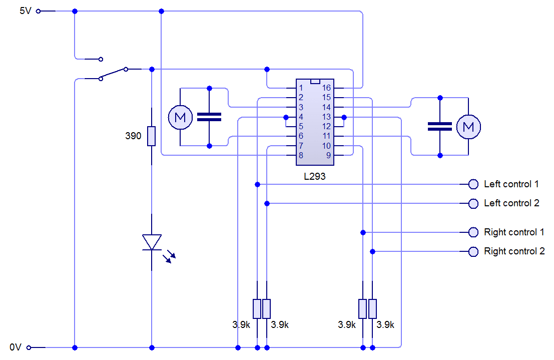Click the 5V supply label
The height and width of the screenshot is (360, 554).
click(x=26, y=11)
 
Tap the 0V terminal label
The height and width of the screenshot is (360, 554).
click(x=16, y=347)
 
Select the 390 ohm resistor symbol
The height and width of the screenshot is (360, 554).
click(x=152, y=136)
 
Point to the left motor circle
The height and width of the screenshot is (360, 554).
click(x=180, y=117)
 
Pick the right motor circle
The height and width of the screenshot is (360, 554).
click(x=468, y=127)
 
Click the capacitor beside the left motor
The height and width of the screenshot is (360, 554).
click(x=209, y=117)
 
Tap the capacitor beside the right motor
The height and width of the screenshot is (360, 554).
click(x=440, y=127)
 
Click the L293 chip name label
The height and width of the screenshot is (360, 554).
click(x=314, y=176)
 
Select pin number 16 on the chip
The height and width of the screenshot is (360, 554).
click(x=326, y=88)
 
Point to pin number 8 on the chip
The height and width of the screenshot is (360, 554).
click(x=301, y=155)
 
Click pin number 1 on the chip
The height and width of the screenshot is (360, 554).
click(x=301, y=88)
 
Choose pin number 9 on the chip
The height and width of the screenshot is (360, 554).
click(x=329, y=155)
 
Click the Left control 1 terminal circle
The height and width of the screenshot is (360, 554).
click(x=473, y=184)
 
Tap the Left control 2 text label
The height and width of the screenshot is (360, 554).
click(x=511, y=203)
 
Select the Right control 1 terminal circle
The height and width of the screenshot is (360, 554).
click(x=473, y=232)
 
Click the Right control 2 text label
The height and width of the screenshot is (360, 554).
click(x=514, y=251)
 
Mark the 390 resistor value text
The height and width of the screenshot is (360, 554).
click(x=133, y=136)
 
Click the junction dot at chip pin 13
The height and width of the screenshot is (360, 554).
click(x=344, y=117)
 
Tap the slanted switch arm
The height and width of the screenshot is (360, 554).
click(x=113, y=74)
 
